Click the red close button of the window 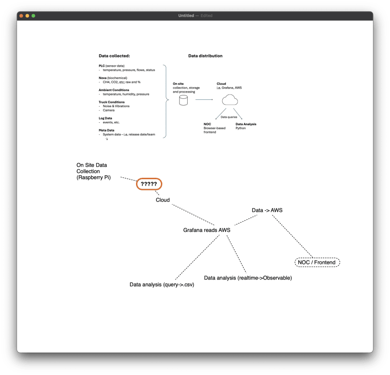point(21,16)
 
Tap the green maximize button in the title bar point(33,16)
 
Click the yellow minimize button point(27,16)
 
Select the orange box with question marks point(149,184)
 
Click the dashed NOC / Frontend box point(317,262)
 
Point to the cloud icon point(229,100)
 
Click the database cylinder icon point(184,100)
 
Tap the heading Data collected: point(114,56)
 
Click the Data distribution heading point(205,56)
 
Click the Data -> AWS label point(267,210)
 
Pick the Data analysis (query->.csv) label point(162,284)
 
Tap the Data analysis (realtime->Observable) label point(248,278)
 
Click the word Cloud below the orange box point(163,200)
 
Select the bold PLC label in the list point(101,66)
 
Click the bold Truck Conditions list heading point(112,102)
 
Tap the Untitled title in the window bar point(186,16)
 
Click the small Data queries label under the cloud point(229,117)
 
